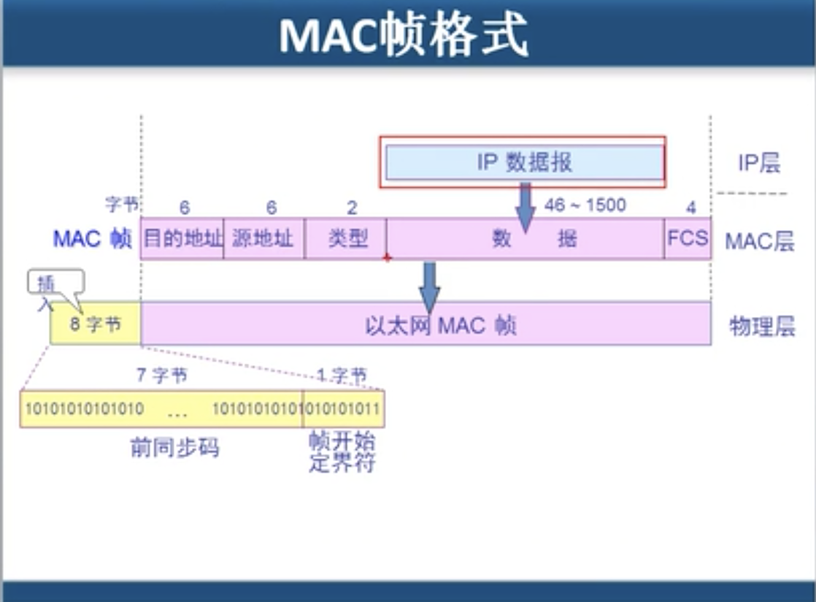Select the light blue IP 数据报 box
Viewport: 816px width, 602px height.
524,162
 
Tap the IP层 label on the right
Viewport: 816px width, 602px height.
759,163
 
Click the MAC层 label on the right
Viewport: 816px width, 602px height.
759,240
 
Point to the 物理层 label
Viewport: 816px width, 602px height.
761,326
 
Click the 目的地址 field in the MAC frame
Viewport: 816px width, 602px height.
182,238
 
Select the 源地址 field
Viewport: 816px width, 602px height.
263,238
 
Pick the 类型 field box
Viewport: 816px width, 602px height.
346,238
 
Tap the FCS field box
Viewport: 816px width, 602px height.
688,238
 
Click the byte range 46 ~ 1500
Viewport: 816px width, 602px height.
585,205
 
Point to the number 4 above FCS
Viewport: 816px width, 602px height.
690,208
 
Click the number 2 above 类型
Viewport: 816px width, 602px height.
351,208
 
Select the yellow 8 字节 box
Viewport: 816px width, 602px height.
96,324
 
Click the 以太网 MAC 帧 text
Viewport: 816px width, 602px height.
440,324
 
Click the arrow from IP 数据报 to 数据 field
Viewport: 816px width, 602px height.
526,207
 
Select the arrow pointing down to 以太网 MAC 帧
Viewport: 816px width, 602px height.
429,287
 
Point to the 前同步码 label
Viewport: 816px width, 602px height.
174,447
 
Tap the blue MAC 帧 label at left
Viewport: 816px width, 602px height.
92,240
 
